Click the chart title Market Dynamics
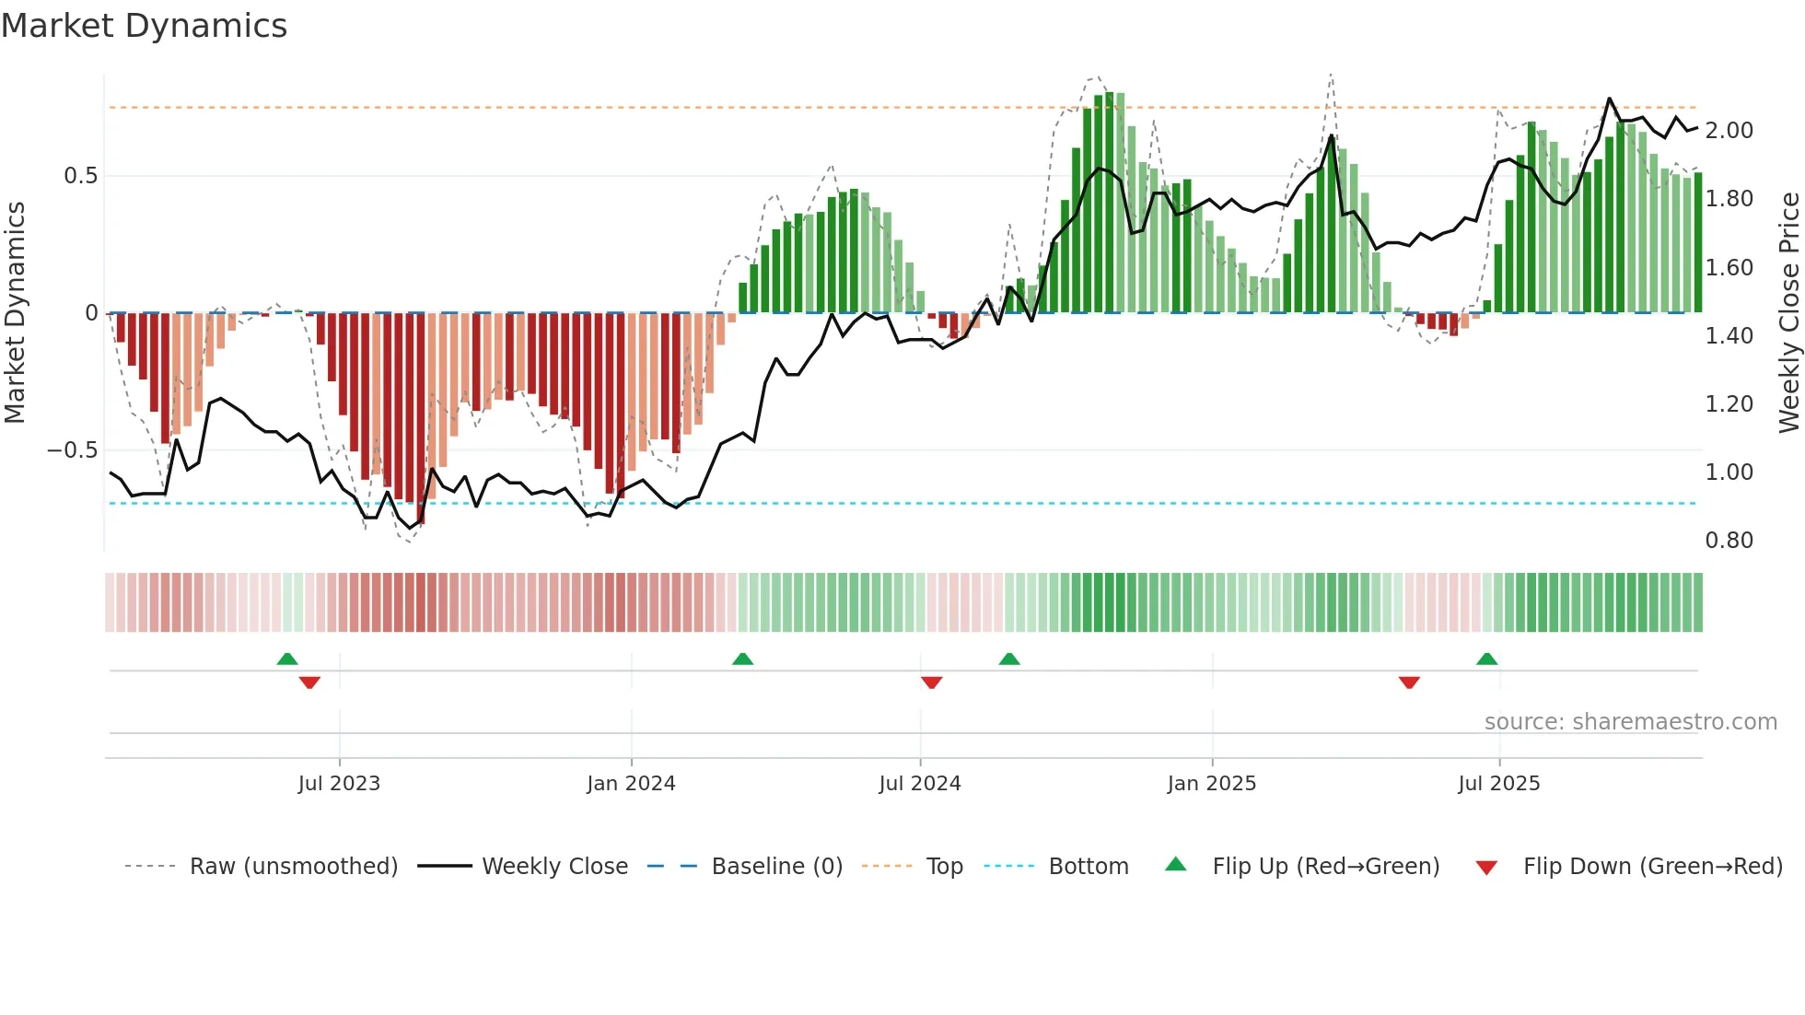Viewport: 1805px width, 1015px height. tap(144, 26)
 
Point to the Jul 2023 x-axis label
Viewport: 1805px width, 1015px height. tap(339, 784)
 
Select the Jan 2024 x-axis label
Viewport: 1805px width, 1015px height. tap(631, 784)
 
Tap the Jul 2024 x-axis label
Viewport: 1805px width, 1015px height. tap(919, 784)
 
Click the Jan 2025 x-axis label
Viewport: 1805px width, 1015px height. tap(1211, 784)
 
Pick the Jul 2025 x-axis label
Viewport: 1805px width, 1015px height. tap(1498, 784)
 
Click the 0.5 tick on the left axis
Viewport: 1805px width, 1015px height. tap(80, 176)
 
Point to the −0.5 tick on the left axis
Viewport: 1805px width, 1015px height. tap(72, 450)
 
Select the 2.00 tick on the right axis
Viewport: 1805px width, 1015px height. tap(1729, 131)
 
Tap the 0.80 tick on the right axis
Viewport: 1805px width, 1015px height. tap(1729, 541)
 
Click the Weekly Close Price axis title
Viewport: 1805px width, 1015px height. tap(1788, 312)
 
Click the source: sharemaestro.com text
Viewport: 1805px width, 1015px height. tap(1630, 722)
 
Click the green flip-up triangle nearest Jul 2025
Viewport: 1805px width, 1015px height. tap(1486, 659)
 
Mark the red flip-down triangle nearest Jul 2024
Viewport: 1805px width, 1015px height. tap(931, 682)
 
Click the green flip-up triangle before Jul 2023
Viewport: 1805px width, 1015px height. tap(287, 659)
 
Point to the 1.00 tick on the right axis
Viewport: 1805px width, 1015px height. tap(1729, 472)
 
